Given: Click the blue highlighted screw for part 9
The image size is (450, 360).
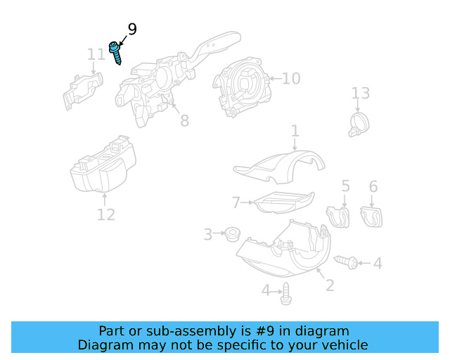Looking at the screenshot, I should [x=115, y=53].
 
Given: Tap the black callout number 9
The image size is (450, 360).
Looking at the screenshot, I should [x=131, y=30].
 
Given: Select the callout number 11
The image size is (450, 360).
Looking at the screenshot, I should [x=96, y=55].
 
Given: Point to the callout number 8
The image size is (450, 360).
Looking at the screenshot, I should [x=184, y=121].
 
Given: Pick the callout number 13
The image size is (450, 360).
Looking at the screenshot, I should [x=360, y=94].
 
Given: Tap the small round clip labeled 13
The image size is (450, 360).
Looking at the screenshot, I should [x=359, y=124].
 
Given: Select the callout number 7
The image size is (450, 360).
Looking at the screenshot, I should [x=236, y=202].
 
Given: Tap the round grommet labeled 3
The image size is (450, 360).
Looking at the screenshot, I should [x=229, y=233].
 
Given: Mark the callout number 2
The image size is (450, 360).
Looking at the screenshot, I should [x=328, y=285].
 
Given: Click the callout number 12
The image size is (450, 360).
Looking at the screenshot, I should [x=105, y=214].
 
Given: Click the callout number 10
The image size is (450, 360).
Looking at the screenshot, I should [x=291, y=78].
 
